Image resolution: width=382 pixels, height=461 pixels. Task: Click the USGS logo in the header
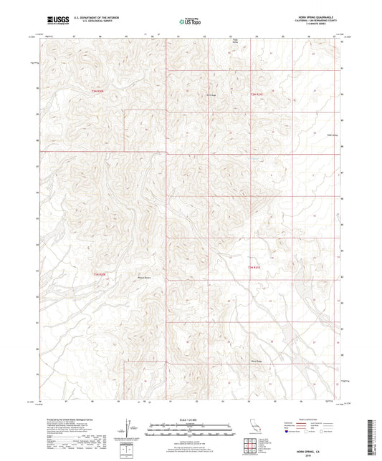52,19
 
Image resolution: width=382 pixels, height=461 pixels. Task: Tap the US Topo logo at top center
191,23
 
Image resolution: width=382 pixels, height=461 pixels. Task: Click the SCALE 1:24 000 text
191,419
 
